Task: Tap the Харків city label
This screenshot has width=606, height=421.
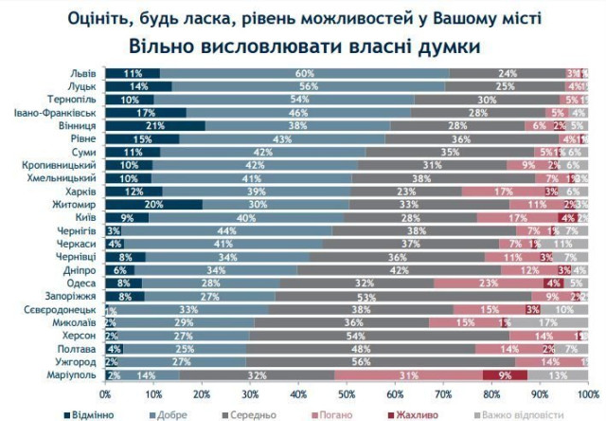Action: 79,191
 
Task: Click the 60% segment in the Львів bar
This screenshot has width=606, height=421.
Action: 305,73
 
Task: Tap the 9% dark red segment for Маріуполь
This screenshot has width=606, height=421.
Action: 503,375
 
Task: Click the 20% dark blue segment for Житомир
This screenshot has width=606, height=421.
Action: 152,204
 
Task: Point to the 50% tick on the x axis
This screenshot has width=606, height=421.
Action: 347,393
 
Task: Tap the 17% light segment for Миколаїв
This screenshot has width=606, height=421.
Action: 545,322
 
